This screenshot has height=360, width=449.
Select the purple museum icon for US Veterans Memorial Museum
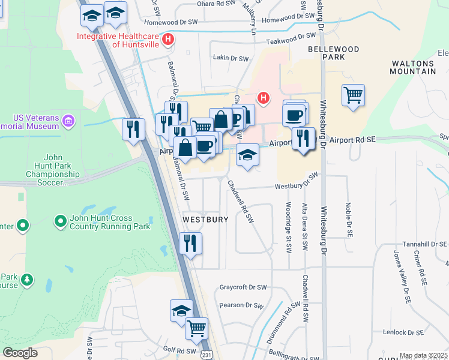click(68, 122)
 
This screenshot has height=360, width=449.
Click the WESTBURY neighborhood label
click(205, 220)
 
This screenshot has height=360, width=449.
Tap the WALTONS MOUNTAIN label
click(413, 67)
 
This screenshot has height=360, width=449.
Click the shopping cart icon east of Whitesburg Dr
click(353, 95)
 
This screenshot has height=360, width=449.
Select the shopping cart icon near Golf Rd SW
click(196, 329)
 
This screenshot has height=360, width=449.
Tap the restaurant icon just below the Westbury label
click(190, 243)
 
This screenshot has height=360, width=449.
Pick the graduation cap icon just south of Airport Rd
click(247, 155)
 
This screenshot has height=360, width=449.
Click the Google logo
click(20, 353)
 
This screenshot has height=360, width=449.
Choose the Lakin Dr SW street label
click(231, 58)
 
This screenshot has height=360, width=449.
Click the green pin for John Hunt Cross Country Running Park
click(60, 222)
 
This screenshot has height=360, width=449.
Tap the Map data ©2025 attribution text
click(422, 355)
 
